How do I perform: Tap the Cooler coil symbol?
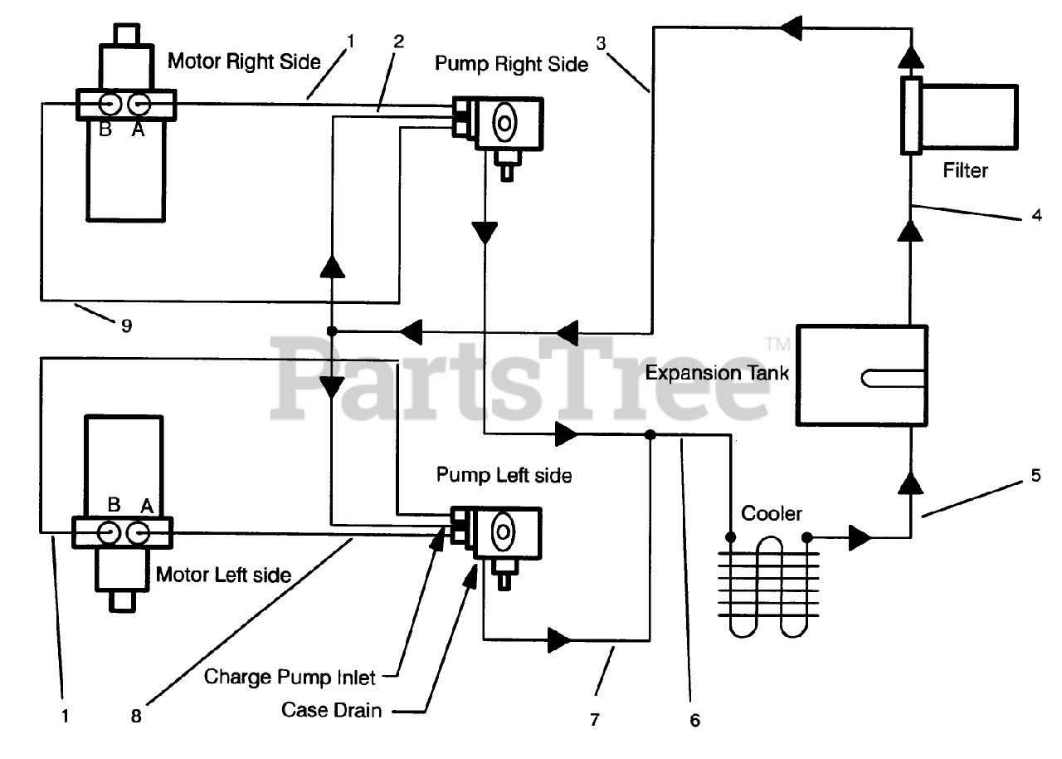point(768,586)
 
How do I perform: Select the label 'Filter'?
point(965,170)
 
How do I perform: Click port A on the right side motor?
point(139,104)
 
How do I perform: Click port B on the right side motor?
point(110,104)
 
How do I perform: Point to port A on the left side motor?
point(138,533)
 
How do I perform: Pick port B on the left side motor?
point(109,533)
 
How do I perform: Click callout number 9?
point(127,326)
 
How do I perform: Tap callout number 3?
point(602,44)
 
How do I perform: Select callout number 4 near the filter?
point(1037,215)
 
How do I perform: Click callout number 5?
point(1036,475)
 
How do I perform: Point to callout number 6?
point(695,720)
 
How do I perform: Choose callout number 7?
point(595,720)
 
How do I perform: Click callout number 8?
point(136,717)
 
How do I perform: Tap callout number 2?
point(399,42)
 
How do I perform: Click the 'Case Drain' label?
point(331,710)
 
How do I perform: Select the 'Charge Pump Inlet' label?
point(290,677)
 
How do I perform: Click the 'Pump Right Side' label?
point(512,64)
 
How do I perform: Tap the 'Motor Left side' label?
point(223,575)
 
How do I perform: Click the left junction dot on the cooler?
point(731,537)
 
